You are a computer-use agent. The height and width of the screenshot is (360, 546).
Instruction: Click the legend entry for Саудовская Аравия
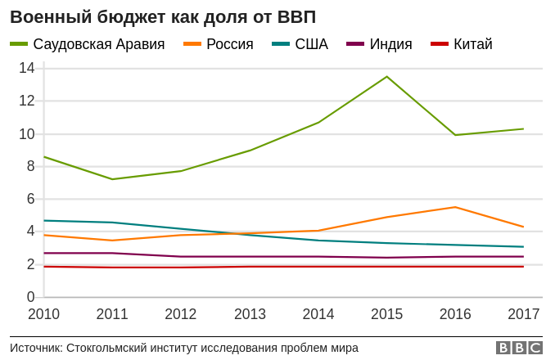click(x=98, y=44)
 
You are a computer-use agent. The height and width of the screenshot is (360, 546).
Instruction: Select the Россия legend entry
click(x=229, y=44)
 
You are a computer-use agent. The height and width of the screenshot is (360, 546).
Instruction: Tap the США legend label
click(x=311, y=44)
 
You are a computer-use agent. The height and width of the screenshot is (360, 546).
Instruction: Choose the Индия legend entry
click(x=390, y=44)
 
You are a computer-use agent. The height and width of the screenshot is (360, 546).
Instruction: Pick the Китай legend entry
click(x=472, y=44)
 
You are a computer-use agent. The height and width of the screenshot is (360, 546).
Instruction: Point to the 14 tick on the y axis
click(x=27, y=68)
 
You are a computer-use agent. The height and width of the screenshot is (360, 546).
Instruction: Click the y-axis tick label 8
click(x=31, y=166)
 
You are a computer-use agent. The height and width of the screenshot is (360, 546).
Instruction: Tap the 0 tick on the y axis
click(x=31, y=297)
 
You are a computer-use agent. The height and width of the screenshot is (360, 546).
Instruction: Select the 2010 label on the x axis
click(x=43, y=314)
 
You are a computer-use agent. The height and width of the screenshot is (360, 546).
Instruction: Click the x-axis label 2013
click(x=250, y=314)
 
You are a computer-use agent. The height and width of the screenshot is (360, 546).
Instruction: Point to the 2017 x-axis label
click(x=524, y=314)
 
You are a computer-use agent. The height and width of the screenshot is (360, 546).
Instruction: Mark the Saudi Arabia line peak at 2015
click(x=386, y=76)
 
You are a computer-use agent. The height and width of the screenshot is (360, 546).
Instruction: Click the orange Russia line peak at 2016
click(x=455, y=207)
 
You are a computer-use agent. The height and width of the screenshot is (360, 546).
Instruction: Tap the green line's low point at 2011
click(x=112, y=179)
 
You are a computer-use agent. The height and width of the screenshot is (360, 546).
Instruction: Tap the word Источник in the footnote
click(x=35, y=348)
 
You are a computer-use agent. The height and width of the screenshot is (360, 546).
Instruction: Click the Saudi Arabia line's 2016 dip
click(x=455, y=135)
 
